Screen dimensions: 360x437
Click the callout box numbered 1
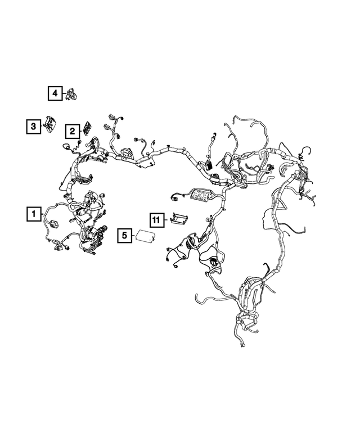[34, 214]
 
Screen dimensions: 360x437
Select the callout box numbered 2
[73, 131]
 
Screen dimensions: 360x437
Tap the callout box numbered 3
[33, 127]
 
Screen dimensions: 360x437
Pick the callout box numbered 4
[55, 93]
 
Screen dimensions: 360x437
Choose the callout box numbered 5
[124, 236]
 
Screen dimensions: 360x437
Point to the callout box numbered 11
[156, 220]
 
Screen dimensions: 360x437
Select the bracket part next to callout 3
[50, 124]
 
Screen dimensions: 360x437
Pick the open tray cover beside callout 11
[179, 218]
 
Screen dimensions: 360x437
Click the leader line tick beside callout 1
[42, 214]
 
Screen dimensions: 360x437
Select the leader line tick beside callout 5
[133, 236]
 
